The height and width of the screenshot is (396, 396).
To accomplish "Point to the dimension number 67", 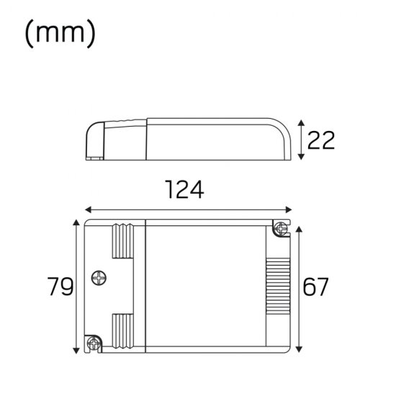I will [315, 287].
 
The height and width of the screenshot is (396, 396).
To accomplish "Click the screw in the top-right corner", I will [280, 230].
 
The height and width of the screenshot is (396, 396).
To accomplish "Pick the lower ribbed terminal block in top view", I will [122, 333].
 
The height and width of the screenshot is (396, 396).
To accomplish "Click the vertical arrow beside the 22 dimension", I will [301, 140].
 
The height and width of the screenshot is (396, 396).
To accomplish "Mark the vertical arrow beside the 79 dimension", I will [76, 287].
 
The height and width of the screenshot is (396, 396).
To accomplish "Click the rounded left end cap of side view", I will [96, 140].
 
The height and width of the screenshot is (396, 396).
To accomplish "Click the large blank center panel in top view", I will [205, 287].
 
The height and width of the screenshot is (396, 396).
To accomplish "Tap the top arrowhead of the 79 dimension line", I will [76, 223].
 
